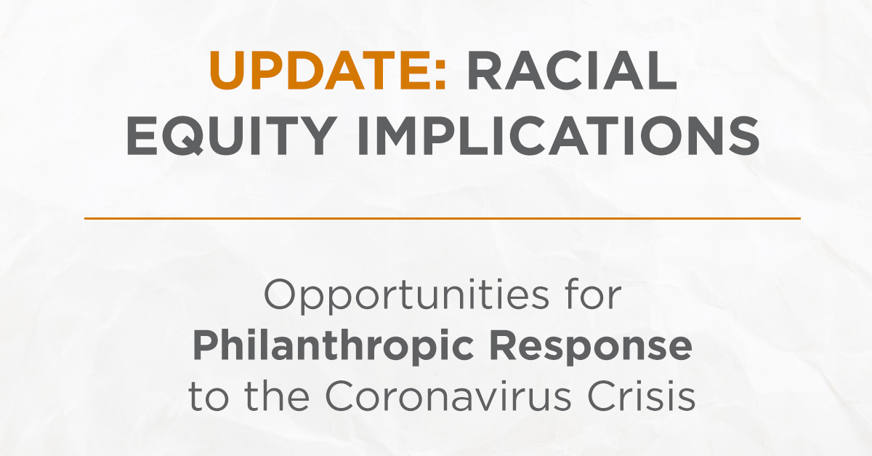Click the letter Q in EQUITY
(192, 136)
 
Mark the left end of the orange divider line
(86, 218)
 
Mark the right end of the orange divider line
(799, 218)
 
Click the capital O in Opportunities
(279, 297)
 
